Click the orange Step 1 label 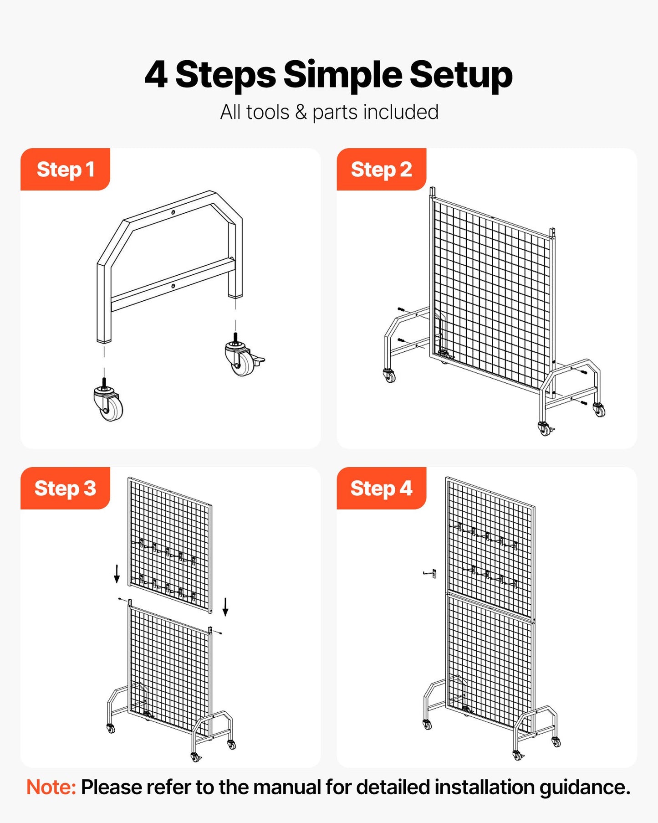click(x=65, y=170)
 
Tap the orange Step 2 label click(x=381, y=170)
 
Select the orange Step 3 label click(x=65, y=489)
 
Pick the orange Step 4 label click(x=381, y=489)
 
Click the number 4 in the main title click(x=156, y=75)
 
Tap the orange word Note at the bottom click(x=51, y=787)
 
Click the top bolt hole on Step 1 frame click(x=173, y=212)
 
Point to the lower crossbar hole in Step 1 click(x=173, y=286)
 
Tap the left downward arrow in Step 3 click(x=117, y=573)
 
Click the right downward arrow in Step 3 click(x=225, y=607)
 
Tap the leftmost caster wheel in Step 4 click(x=427, y=724)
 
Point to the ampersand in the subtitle click(x=301, y=112)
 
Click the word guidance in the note click(x=585, y=787)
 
